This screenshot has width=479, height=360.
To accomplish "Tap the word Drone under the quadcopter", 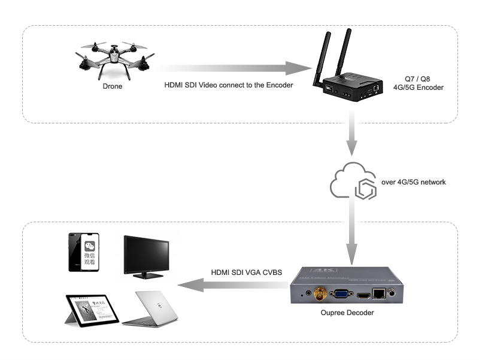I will click(x=112, y=86).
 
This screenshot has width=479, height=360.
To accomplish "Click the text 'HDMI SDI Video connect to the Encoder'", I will click(x=229, y=85).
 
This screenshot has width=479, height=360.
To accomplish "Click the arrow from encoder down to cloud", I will click(x=353, y=138).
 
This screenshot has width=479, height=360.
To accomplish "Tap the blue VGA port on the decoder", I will click(x=342, y=294).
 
